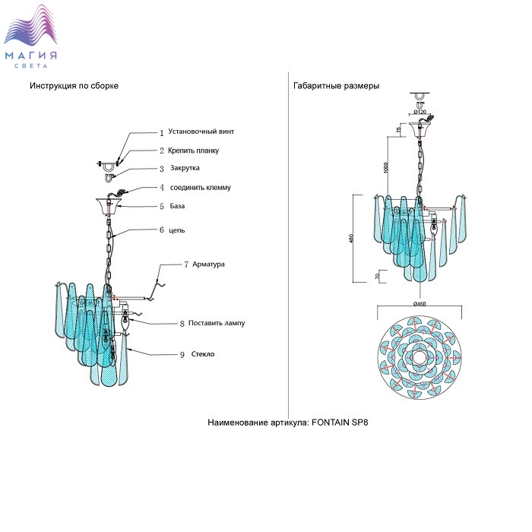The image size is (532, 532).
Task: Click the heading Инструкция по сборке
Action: point(74,86)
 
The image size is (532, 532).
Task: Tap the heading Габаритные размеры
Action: point(336,86)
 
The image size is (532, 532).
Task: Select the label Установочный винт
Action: point(201,131)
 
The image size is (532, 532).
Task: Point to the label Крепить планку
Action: point(194,150)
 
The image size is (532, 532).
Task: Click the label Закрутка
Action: point(185,168)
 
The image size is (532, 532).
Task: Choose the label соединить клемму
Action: point(201,187)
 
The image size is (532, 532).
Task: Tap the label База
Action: point(177,206)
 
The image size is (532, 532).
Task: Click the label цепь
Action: point(177,230)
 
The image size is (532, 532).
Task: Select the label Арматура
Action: point(209,264)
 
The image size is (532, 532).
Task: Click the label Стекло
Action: point(201,354)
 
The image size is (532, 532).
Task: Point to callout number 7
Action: point(186,264)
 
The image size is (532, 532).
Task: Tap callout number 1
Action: point(161,132)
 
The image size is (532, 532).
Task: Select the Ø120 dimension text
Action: point(420,112)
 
